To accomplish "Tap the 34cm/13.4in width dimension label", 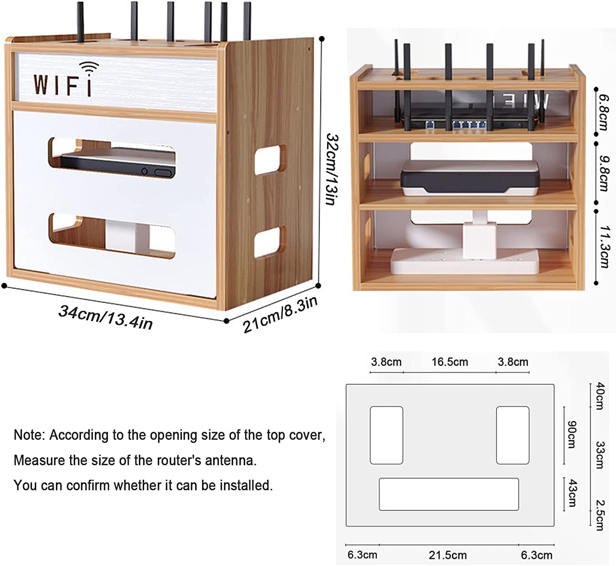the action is pos(106,317).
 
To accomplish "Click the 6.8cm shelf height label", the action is pos(603,112).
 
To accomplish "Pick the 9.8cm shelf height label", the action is pos(603,173).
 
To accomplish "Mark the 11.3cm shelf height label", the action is pos(603,246).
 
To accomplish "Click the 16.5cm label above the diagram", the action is pos(449,362).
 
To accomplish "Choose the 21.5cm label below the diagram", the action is pos(448,555).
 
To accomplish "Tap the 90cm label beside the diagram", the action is pos(571,435).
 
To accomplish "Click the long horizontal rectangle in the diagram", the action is pos(448,494).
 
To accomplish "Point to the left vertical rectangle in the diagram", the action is pos(386,435).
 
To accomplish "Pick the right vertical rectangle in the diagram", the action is pos(513,435).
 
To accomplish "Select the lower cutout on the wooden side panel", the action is pos(270,242).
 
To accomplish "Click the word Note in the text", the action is pos(28,435).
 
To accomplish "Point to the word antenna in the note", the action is pos(230,461).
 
